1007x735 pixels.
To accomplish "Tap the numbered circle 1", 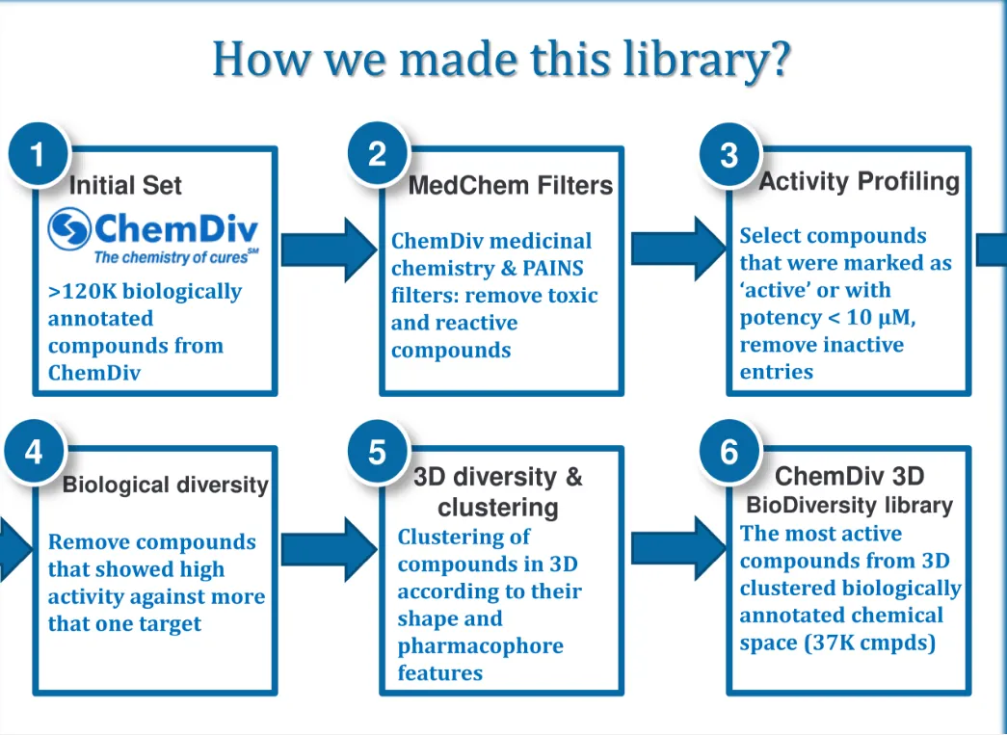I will click(38, 154).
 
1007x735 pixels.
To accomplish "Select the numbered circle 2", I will click(377, 154).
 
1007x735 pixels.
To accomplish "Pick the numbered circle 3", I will click(729, 154).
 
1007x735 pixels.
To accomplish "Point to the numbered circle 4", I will click(34, 451).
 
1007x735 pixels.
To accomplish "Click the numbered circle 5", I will click(377, 451).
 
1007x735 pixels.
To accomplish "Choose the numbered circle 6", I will click(729, 451).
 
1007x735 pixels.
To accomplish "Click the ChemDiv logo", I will click(154, 236).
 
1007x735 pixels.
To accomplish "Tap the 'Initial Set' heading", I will click(125, 185).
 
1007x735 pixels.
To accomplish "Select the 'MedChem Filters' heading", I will click(511, 185).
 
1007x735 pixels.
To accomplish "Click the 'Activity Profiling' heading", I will click(860, 181).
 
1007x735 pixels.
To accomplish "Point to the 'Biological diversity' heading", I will click(165, 485).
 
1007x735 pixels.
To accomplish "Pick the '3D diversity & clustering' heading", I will click(498, 491).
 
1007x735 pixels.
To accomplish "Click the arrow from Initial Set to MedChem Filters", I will click(330, 249).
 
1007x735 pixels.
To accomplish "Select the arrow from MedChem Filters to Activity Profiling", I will click(676, 249).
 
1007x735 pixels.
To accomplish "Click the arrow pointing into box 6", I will click(676, 548).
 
